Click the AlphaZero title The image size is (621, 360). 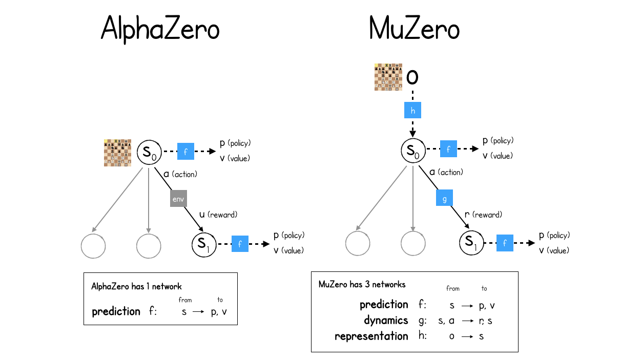160,29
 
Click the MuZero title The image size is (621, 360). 414,30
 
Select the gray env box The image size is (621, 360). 178,198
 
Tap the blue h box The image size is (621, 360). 412,110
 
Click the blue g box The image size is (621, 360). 444,198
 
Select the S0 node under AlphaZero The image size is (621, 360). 149,152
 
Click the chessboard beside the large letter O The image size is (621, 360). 387,77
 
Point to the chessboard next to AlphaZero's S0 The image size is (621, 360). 117,153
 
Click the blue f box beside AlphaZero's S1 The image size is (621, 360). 240,244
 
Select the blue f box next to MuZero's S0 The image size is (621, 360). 448,150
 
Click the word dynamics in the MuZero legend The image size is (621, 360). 386,321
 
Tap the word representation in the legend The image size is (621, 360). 371,336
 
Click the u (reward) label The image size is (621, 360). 218,215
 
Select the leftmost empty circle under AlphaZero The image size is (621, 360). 93,247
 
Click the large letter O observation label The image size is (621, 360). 412,77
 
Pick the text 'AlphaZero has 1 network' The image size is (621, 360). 136,287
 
